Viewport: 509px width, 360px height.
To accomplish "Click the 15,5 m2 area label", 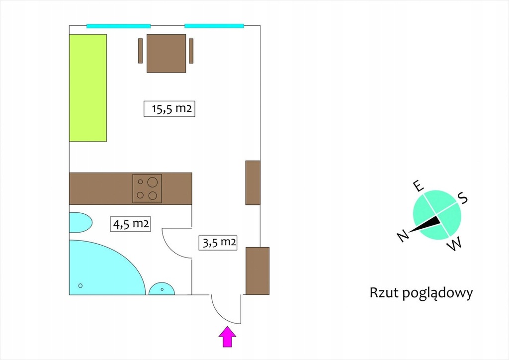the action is (169, 109).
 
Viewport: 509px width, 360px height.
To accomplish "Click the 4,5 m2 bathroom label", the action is (130, 224).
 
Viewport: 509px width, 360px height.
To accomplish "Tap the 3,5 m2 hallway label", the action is (217, 243).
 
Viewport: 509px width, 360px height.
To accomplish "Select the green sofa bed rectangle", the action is (88, 88).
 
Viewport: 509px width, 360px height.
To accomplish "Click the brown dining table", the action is (166, 53).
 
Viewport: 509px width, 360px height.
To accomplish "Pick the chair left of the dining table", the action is (140, 51).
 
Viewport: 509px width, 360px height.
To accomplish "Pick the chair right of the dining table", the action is (191, 51).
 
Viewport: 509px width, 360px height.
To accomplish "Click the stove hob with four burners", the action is (147, 188).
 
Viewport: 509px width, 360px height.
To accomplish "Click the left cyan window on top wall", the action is (118, 26).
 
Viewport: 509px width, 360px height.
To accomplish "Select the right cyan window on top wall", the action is (214, 26).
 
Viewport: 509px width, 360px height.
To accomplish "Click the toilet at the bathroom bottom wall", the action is (162, 289).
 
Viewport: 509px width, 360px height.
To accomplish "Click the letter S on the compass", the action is (463, 198).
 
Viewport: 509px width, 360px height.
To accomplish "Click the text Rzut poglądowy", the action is (421, 293).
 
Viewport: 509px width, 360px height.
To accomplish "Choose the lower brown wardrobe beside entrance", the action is (257, 270).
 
